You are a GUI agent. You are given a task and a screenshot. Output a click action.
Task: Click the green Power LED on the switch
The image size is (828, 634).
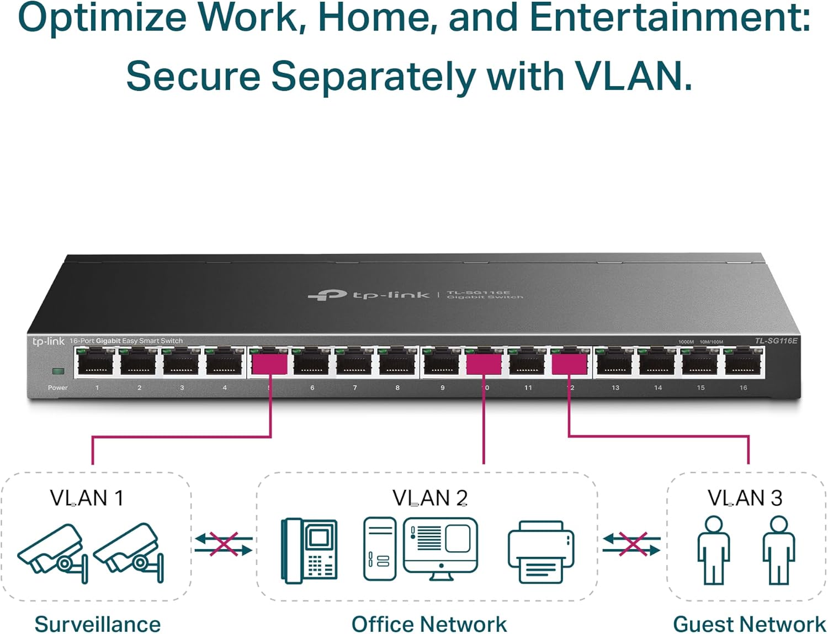(57, 371)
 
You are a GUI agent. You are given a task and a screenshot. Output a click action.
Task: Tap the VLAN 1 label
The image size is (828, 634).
(87, 498)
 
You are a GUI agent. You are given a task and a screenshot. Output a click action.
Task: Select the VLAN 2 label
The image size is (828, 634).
(430, 498)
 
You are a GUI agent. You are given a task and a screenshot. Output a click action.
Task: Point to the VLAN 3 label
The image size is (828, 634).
(745, 498)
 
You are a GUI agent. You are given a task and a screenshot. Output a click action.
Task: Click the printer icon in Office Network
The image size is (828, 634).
(541, 552)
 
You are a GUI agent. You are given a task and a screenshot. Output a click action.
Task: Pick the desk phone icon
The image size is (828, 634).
(309, 551)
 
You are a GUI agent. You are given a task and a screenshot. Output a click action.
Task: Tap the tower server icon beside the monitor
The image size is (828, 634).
(379, 549)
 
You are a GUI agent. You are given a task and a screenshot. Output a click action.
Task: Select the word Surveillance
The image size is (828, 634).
(98, 624)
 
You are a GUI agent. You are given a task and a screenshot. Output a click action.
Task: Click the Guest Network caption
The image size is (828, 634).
(749, 624)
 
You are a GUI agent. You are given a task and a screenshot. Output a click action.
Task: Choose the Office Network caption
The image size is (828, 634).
(429, 624)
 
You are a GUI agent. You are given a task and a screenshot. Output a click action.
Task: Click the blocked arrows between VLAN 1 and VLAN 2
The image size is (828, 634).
(224, 544)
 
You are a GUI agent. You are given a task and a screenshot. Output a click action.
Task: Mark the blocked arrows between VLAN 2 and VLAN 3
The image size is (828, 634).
(631, 544)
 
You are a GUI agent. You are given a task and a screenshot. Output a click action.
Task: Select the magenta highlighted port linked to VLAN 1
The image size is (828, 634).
(269, 364)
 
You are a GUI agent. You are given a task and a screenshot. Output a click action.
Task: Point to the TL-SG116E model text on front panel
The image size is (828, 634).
(776, 340)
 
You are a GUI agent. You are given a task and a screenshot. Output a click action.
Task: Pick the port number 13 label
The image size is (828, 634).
(615, 388)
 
